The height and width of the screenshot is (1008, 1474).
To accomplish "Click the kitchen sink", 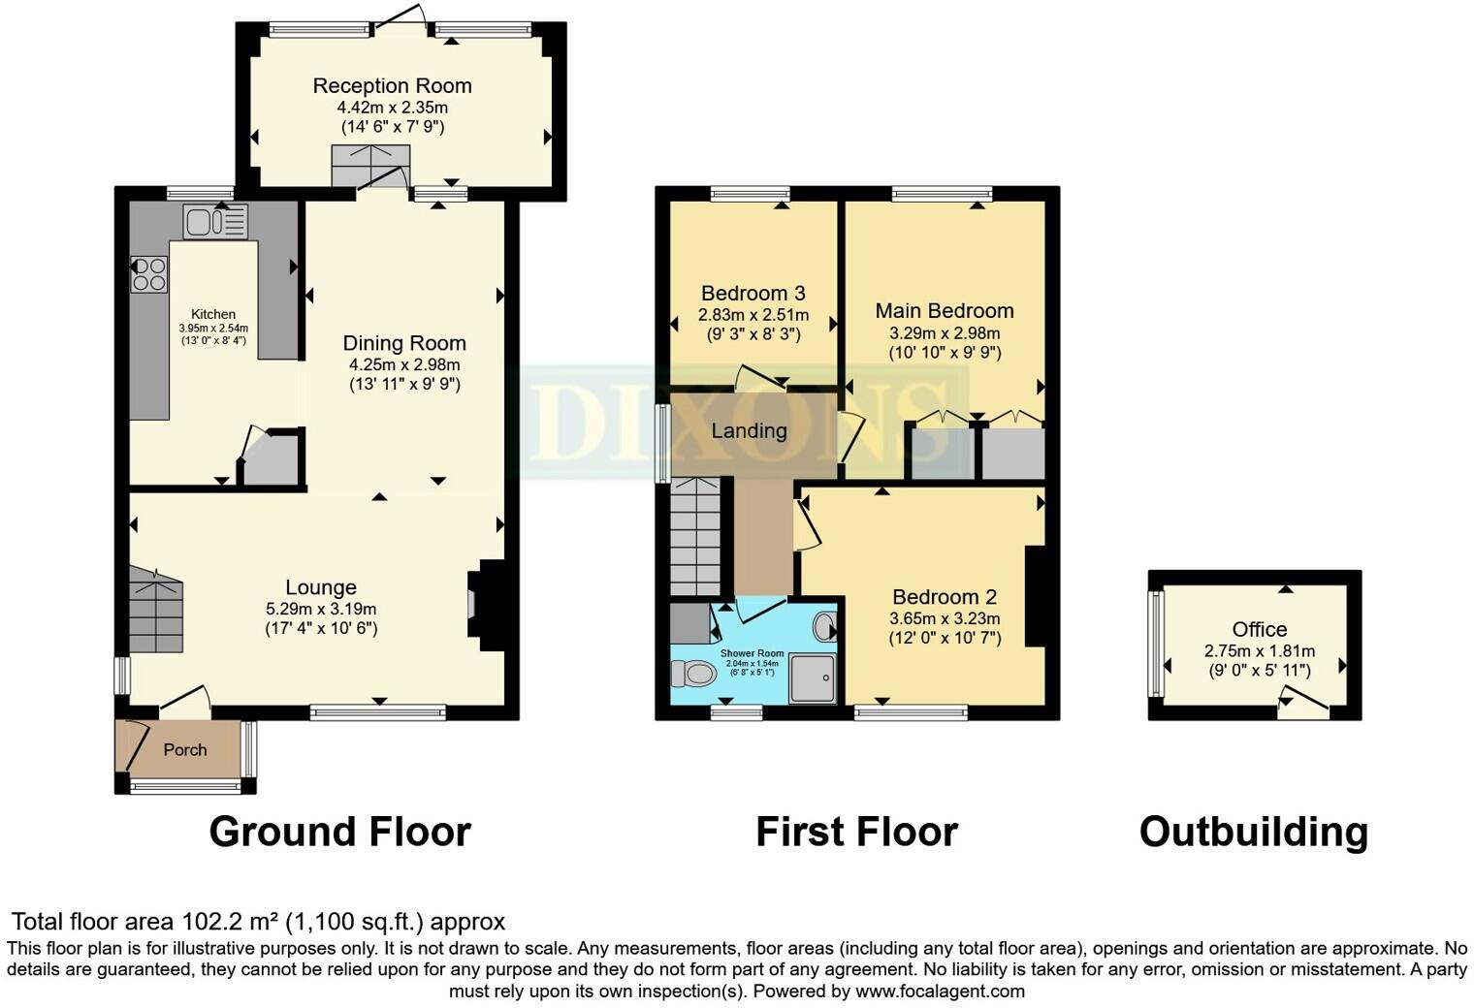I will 215,222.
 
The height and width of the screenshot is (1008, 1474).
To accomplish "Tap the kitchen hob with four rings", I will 149,272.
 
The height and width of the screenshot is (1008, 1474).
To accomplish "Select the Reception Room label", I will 392,86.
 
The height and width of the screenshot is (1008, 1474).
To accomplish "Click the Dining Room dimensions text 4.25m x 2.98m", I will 404,364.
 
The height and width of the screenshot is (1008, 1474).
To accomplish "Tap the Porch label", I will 184,749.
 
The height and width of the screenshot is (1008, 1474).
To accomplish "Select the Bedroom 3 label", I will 753,294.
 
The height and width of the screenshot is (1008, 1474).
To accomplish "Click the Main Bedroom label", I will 944,311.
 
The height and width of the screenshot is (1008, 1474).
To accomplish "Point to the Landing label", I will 749,431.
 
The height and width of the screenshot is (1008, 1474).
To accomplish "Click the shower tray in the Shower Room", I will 813,677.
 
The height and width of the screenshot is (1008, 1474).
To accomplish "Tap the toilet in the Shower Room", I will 691,672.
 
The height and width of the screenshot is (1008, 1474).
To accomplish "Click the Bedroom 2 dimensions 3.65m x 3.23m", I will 945,618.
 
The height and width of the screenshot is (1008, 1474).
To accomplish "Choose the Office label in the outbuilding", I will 1259,630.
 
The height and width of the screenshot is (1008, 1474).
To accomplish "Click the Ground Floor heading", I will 339,832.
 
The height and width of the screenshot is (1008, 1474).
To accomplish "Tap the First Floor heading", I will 856,832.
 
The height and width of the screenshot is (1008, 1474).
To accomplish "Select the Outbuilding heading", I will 1253,832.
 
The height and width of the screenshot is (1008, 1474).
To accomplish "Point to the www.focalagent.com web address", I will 939,992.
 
